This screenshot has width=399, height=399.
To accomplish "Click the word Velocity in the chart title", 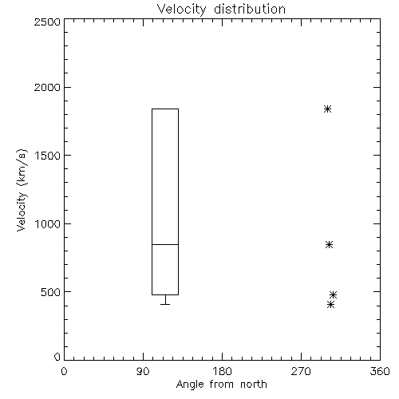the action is click(182, 10).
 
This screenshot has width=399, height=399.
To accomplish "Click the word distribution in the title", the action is click(250, 9).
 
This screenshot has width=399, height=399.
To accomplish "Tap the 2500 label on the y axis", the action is click(47, 22).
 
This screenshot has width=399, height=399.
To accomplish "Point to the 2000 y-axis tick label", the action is click(47, 87).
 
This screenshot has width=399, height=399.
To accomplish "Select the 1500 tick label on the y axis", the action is click(48, 156).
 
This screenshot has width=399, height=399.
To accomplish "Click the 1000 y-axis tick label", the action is click(48, 224).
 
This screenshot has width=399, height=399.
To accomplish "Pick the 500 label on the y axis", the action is click(51, 292).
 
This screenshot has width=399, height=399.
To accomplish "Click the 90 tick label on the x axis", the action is click(143, 371).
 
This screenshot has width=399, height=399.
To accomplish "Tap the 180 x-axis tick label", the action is click(222, 371).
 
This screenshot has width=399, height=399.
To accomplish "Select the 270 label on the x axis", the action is click(301, 371).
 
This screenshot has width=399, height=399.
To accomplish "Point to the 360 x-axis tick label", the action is click(380, 371).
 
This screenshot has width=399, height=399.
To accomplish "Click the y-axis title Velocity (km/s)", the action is click(22, 190).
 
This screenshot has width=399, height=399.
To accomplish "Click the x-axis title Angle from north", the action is click(222, 385).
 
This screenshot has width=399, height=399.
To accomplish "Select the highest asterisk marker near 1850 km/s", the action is click(327, 109).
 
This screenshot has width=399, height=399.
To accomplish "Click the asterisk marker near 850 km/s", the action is click(329, 244).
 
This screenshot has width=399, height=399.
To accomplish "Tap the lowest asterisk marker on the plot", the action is click(330, 304).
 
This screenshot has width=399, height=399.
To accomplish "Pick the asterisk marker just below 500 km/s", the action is click(333, 294).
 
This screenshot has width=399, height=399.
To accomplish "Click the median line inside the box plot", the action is click(165, 244).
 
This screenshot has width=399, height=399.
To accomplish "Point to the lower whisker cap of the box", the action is click(165, 304).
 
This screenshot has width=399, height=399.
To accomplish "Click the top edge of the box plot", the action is click(165, 109).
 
